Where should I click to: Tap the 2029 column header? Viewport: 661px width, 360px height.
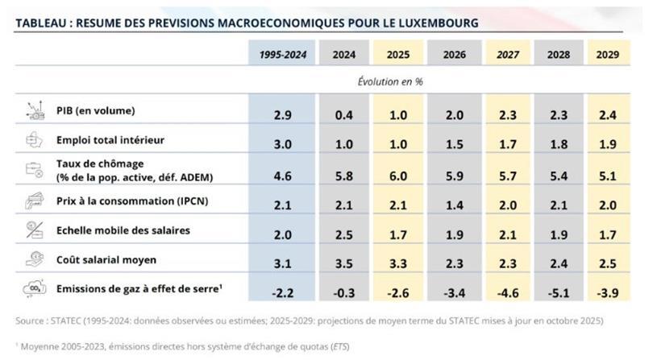[608, 54]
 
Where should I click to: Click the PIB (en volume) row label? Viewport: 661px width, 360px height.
[95, 110]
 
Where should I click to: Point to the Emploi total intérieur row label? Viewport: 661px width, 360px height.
[110, 140]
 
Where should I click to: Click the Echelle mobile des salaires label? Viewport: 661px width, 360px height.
[123, 230]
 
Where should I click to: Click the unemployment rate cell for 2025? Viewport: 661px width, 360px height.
[398, 174]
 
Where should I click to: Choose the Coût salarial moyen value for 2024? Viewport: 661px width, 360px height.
[345, 263]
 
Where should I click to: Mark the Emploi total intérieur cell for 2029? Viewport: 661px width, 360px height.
[608, 144]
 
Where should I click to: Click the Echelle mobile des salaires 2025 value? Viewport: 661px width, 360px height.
[398, 234]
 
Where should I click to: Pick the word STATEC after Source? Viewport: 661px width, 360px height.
[69, 321]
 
